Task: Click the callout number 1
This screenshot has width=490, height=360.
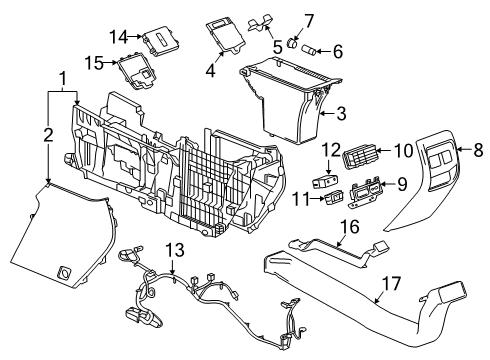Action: pyautogui.click(x=63, y=77)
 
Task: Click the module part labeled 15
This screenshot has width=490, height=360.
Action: pyautogui.click(x=136, y=73)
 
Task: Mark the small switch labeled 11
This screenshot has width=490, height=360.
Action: pyautogui.click(x=334, y=198)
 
